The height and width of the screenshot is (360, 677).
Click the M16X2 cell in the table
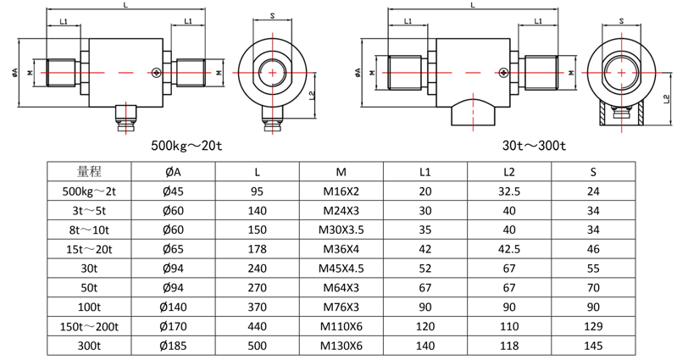(341, 191)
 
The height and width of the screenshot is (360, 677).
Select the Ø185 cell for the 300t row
(173, 346)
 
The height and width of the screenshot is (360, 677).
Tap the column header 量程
(89, 172)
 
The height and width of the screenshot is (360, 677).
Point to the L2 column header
(509, 172)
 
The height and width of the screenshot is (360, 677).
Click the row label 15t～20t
(89, 249)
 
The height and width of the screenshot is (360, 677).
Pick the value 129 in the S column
(593, 326)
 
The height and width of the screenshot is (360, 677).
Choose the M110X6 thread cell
(341, 326)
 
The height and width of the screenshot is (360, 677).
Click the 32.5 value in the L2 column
(509, 191)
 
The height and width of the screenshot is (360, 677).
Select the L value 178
(257, 249)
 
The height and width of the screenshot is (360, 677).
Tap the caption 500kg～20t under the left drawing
(186, 145)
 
